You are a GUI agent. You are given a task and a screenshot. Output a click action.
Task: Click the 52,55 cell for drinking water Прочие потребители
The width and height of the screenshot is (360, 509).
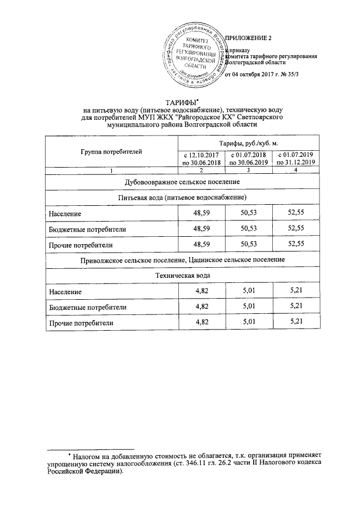[295, 244]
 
